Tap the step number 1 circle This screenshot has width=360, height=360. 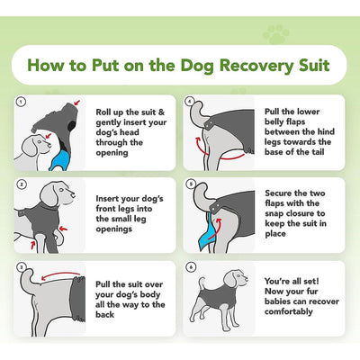(21, 102)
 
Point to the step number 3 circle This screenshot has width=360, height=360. (21, 267)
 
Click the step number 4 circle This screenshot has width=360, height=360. (190, 102)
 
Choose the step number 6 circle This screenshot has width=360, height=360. (190, 267)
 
